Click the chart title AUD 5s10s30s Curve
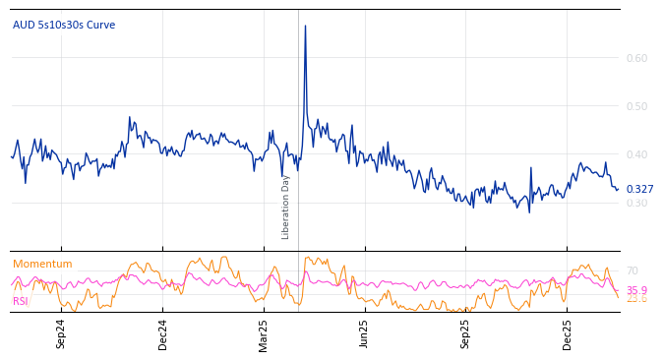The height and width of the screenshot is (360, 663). point(64,26)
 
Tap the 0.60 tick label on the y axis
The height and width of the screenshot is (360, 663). point(636,58)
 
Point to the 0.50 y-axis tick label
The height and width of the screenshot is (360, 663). point(636,106)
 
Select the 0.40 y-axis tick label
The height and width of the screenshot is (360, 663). point(636,154)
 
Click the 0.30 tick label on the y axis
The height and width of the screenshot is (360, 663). point(636,204)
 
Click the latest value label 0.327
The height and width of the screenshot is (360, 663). point(639,189)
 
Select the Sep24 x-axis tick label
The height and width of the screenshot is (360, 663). point(61,333)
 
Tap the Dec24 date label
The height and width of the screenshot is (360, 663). point(163,333)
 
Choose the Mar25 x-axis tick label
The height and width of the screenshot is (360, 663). point(264,333)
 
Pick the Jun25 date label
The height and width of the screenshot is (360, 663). point(365,333)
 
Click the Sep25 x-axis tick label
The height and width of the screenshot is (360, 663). point(466,333)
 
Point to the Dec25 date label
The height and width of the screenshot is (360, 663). point(568,333)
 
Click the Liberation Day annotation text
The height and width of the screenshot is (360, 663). point(286,207)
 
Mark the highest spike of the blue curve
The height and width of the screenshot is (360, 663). point(305,27)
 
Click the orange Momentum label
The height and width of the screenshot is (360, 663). point(42,265)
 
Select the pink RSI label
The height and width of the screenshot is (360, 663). point(21,301)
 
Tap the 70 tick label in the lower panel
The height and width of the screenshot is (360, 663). point(633,270)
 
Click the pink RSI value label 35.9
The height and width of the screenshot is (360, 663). point(636,290)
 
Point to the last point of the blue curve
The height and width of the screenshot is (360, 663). point(618,189)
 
